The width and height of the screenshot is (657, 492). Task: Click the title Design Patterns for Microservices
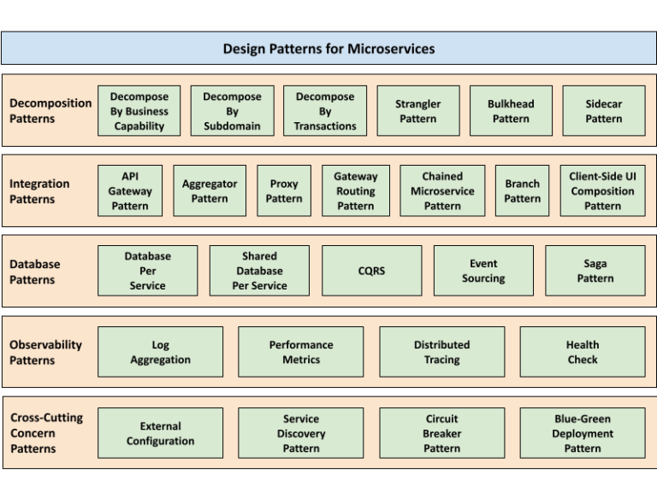[x=328, y=49]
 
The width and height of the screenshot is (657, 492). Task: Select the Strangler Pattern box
[x=417, y=111]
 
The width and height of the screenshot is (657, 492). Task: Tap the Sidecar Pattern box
[x=603, y=111]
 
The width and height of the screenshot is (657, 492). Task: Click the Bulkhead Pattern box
[x=511, y=111]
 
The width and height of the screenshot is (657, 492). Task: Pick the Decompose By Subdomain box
[x=232, y=111]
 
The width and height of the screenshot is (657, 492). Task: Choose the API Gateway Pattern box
[x=130, y=190]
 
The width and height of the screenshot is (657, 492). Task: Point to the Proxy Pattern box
[x=284, y=190]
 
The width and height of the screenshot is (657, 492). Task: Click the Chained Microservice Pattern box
[x=442, y=190]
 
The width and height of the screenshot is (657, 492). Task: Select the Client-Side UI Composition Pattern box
[x=602, y=190]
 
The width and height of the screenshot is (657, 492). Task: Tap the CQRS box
[x=371, y=271]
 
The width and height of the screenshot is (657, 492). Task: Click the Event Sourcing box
[x=483, y=271]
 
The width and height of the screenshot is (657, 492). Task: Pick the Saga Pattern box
[x=595, y=271]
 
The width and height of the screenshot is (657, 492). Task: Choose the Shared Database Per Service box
[x=259, y=271]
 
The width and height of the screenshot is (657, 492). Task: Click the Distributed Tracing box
[x=441, y=352]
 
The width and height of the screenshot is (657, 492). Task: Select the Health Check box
[x=583, y=352]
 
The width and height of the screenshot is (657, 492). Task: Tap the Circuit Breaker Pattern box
[x=441, y=433]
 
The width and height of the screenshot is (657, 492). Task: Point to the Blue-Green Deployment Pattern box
[x=583, y=433]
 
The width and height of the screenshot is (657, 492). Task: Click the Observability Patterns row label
[x=46, y=352]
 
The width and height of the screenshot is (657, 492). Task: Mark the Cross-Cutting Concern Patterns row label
[x=46, y=433]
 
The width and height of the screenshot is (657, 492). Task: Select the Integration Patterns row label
[x=39, y=191]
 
